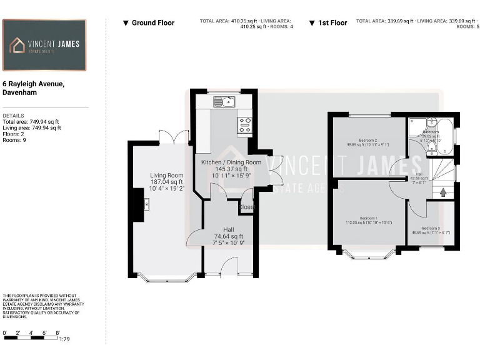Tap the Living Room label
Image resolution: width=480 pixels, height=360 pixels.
point(167,176)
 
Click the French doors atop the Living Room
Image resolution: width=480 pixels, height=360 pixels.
point(173,137)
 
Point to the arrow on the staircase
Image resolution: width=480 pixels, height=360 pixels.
point(443,192)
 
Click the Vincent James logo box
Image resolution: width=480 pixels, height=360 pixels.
point(44,44)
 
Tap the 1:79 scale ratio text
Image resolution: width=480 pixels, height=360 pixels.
point(64,339)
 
